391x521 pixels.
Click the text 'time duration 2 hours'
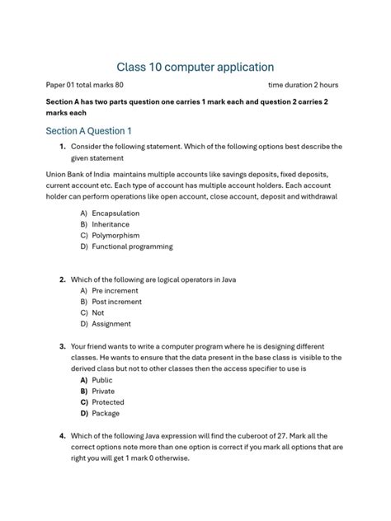pos(303,85)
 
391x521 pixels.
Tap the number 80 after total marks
pos(118,85)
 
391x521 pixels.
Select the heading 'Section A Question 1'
pos(88,131)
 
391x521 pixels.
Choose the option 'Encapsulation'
pos(115,214)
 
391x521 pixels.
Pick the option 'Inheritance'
pos(111,224)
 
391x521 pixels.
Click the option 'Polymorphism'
pos(115,235)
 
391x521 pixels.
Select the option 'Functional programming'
pos(132,246)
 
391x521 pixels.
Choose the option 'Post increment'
pos(117,302)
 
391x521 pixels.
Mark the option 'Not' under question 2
pos(98,313)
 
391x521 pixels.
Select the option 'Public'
pos(102,380)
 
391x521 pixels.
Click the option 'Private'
pos(104,391)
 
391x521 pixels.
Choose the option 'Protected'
pos(108,402)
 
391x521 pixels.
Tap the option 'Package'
pos(106,413)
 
